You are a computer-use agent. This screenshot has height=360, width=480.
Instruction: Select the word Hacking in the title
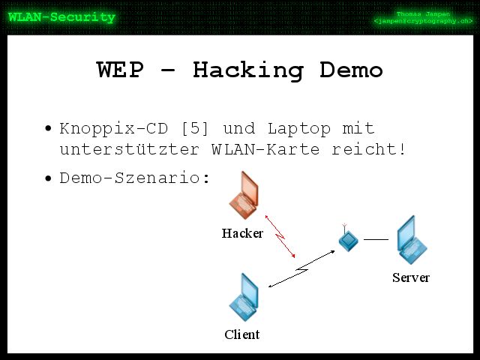click(247, 70)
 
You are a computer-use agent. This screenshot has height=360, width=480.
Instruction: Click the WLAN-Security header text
click(61, 17)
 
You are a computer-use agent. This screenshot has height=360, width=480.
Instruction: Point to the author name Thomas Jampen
click(423, 13)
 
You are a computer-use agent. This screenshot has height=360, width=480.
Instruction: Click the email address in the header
click(423, 22)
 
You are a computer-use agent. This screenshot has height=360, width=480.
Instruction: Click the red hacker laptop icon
click(244, 195)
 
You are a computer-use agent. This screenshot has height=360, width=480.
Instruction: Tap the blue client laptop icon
click(244, 297)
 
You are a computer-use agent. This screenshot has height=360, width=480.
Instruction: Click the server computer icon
click(411, 241)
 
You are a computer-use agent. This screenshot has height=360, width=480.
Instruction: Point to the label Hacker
click(242, 233)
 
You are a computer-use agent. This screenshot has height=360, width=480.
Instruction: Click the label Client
click(242, 334)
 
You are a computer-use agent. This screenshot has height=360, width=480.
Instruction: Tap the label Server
click(411, 277)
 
